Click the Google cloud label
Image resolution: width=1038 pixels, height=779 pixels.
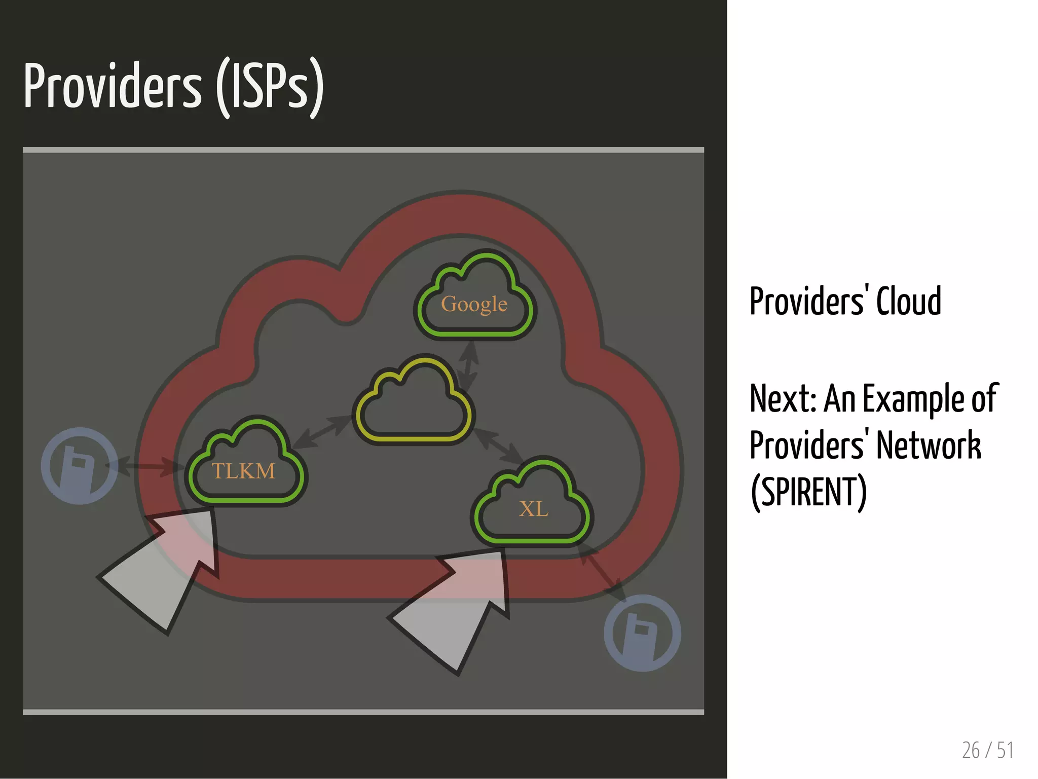click(x=474, y=304)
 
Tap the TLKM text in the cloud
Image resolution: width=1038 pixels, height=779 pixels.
click(x=243, y=471)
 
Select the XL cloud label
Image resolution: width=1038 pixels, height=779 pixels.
click(x=534, y=509)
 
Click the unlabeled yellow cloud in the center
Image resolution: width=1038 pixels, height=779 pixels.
click(x=414, y=405)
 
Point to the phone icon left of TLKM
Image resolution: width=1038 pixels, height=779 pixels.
click(x=80, y=465)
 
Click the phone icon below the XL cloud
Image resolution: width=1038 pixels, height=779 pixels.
click(x=642, y=633)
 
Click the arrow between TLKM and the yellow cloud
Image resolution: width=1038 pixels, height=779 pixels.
click(x=322, y=432)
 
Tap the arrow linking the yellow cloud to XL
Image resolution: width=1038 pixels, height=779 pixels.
click(x=498, y=446)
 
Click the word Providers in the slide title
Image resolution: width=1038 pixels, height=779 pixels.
click(x=113, y=86)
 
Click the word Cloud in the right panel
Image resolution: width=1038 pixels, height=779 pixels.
click(x=909, y=302)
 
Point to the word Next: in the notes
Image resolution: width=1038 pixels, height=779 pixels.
click(x=783, y=399)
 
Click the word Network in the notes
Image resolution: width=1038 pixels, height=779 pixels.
click(x=929, y=446)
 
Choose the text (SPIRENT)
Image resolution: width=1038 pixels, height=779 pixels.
click(x=808, y=492)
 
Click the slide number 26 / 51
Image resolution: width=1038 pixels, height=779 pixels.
click(x=987, y=750)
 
